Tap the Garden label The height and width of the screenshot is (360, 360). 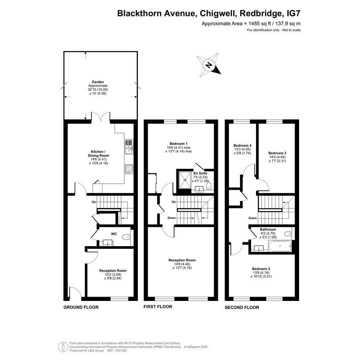click(98, 82)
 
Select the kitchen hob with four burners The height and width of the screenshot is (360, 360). click(129, 169)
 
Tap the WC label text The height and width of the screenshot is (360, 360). click(114, 234)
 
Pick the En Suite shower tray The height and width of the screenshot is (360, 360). click(185, 179)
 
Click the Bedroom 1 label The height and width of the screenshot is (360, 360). click(179, 144)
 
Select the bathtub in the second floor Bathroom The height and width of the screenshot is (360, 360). click(280, 246)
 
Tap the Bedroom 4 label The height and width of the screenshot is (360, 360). click(242, 145)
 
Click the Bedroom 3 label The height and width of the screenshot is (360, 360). click(277, 153)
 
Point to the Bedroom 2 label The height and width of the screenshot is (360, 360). click(261, 269)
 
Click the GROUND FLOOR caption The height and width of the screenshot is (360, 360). click(81, 307)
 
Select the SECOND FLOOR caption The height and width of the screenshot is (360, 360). click(242, 307)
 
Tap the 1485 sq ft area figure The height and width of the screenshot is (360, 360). click(258, 23)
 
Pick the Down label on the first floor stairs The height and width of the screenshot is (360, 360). click(171, 218)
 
